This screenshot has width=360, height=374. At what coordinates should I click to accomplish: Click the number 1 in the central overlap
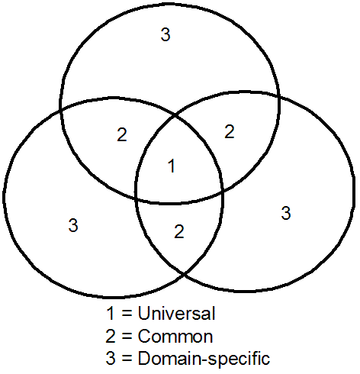(x=172, y=166)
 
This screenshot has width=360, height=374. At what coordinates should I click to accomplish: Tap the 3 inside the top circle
(x=166, y=34)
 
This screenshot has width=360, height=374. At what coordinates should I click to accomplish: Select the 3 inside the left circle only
(x=73, y=225)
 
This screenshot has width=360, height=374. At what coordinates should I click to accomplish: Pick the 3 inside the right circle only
(x=286, y=213)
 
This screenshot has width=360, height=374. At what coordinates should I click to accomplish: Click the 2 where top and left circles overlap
(x=122, y=134)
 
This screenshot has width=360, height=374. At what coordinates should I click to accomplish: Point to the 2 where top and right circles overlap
(x=230, y=131)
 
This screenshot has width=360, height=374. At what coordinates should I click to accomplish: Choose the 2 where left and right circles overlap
(x=179, y=231)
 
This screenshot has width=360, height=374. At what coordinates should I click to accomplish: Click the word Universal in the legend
(x=177, y=313)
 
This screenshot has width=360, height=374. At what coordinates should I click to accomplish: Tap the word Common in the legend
(x=175, y=336)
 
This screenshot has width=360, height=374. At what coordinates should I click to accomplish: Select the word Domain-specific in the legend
(x=204, y=358)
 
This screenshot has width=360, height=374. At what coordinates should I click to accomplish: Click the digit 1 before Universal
(x=111, y=313)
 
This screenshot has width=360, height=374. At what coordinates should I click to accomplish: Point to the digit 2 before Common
(x=111, y=336)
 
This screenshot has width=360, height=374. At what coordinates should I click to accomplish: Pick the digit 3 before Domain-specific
(x=111, y=358)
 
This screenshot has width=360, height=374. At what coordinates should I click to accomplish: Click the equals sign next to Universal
(x=127, y=314)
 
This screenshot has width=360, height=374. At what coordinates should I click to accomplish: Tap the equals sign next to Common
(x=127, y=337)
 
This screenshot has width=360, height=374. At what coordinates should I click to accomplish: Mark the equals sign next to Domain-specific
(x=127, y=358)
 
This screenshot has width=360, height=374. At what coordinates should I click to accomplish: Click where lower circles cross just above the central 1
(x=175, y=116)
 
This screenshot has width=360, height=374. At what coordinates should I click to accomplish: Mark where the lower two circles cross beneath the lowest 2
(x=184, y=274)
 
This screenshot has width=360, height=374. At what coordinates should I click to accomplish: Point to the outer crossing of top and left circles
(x=61, y=110)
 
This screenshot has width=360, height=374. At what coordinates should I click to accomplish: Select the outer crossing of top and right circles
(x=279, y=98)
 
